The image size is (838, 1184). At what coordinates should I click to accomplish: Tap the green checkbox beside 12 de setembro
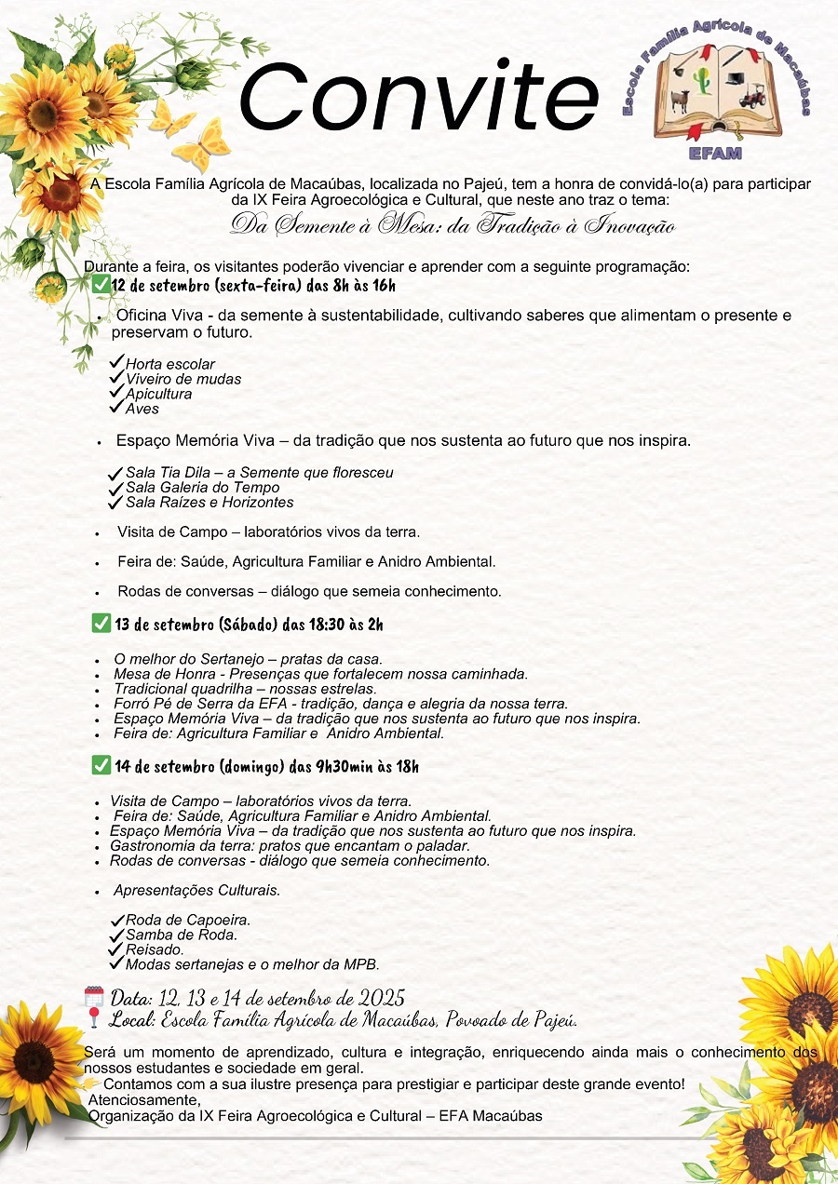[101, 284]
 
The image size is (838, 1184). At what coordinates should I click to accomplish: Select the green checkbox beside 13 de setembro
[101, 623]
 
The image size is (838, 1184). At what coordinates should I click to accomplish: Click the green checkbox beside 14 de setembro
[101, 765]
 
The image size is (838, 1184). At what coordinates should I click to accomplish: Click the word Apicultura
[158, 394]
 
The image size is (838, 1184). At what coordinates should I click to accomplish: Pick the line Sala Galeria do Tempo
[202, 487]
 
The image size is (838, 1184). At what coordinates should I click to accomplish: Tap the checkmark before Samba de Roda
[117, 935]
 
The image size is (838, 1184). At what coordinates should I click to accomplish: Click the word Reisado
[154, 949]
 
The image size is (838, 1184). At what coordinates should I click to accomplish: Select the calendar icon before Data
[94, 997]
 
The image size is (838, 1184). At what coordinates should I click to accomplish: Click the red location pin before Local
[94, 1018]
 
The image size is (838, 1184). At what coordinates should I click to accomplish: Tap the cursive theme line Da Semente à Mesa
[452, 225]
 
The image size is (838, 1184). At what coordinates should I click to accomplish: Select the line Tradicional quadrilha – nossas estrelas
[245, 689]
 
